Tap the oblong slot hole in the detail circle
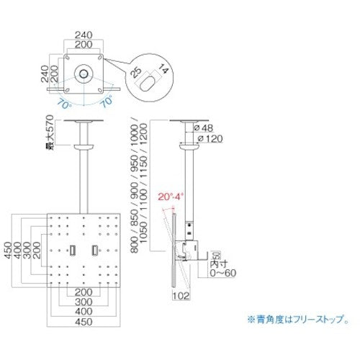[148, 82]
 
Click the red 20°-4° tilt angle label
[172, 195]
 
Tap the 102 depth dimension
[180, 294]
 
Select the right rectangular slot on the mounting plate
[95, 250]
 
